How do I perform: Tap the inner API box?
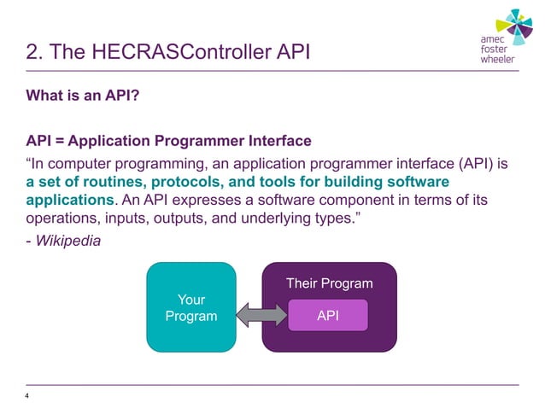pos(328,316)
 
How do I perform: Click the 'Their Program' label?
pos(329,283)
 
